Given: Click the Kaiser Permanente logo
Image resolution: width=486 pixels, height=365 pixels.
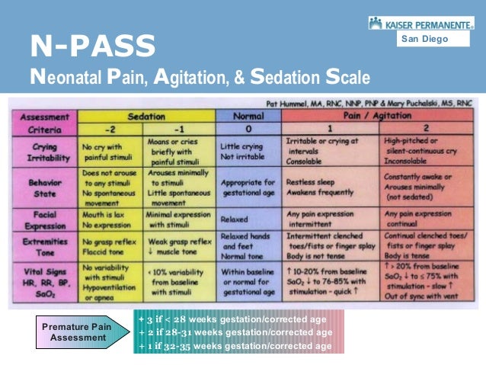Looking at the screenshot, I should pos(420,24).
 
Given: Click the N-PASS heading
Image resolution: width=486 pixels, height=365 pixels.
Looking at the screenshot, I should pos(92,46).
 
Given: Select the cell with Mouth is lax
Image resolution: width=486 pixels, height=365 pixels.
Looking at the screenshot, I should pos(109,219).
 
